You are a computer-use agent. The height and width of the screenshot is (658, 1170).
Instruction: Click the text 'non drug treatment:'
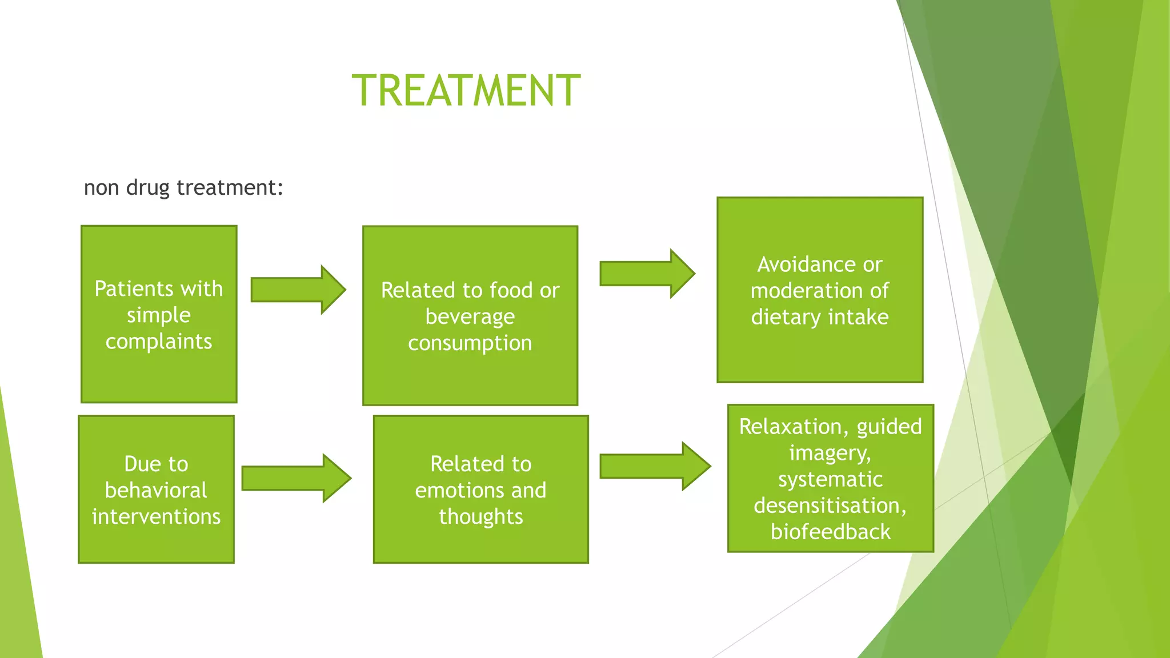[183, 187]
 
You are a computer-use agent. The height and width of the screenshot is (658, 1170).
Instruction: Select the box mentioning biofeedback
[830, 478]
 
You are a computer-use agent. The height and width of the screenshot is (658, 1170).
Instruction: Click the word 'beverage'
[470, 316]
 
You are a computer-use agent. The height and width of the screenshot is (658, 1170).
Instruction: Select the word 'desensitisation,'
[830, 505]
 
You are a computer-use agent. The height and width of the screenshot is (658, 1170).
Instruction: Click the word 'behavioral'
[156, 490]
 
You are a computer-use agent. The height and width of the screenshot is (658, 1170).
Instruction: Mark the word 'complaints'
[159, 342]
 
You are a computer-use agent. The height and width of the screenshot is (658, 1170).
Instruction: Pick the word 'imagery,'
[830, 453]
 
